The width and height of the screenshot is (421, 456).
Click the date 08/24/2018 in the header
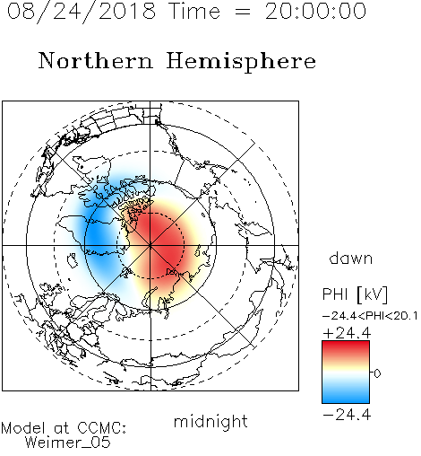82,12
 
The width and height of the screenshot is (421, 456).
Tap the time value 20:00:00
315,12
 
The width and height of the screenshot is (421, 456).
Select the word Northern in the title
95,61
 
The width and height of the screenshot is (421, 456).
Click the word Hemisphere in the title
241,62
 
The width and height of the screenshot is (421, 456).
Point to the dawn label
351,258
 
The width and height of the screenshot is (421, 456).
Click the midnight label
210,421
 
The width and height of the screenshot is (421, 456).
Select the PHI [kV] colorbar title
355,294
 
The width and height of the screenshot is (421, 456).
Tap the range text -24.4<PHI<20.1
370,316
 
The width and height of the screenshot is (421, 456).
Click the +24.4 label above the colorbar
347,333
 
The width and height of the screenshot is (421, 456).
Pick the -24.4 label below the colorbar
347,415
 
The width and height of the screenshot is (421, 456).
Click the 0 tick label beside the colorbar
377,373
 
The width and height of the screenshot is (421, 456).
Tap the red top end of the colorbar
346,345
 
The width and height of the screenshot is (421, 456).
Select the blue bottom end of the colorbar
346,399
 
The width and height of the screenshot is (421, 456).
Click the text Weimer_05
68,442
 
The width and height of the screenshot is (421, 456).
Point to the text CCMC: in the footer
102,428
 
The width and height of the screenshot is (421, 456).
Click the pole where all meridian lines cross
150,245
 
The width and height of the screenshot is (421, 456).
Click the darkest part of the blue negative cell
99,236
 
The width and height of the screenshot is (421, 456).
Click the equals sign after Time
243,12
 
